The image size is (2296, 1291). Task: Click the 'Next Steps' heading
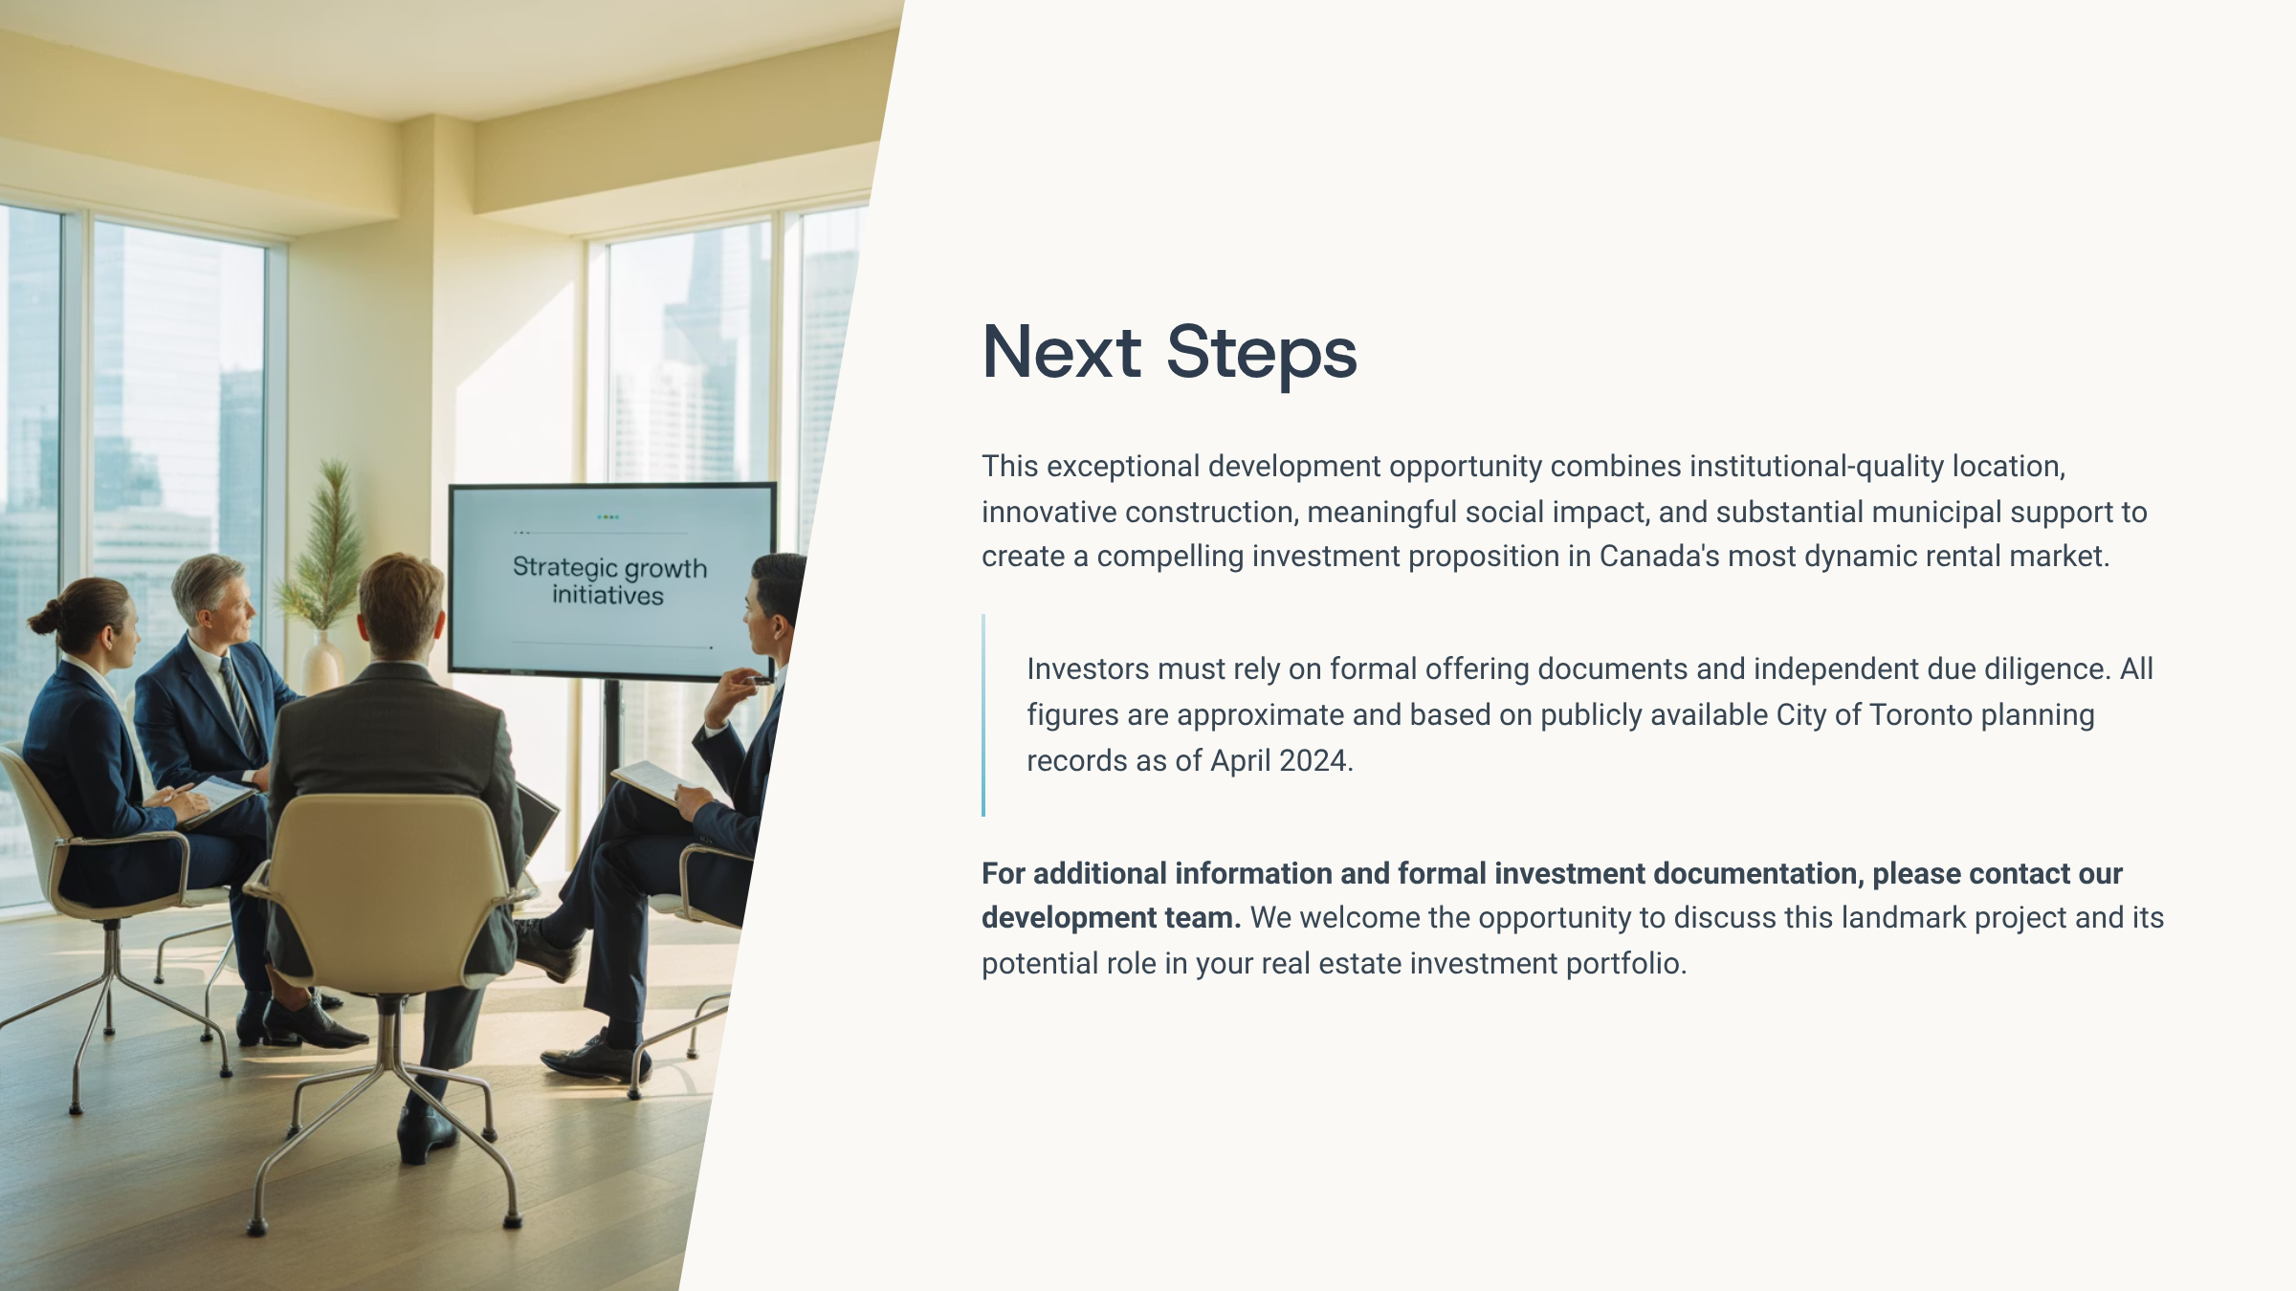coord(1169,352)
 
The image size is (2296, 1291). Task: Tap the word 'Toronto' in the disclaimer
coord(1920,715)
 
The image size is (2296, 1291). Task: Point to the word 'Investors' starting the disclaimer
coord(1088,669)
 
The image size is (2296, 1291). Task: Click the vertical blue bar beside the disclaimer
coord(983,715)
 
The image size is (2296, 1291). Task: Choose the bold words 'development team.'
coord(1111,918)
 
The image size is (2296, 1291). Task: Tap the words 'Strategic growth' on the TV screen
coord(609,567)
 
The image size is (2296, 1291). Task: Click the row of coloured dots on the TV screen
coord(607,517)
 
